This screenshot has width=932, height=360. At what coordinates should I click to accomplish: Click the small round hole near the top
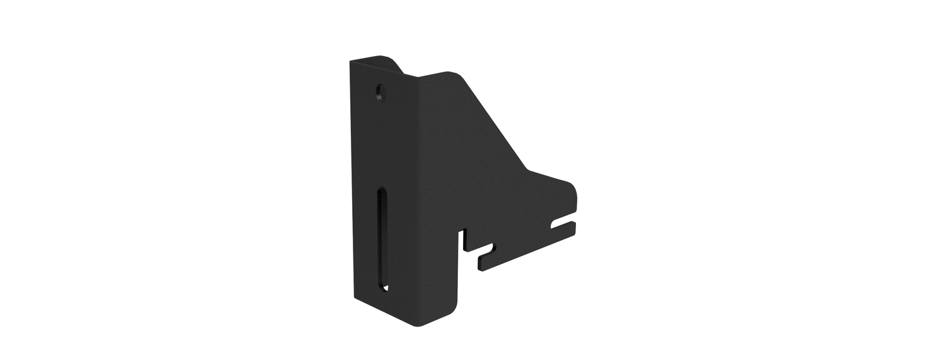379,94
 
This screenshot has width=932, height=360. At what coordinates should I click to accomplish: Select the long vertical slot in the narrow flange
383,239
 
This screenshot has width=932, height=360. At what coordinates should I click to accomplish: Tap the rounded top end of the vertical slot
382,192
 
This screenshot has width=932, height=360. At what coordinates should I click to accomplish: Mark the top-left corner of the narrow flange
352,62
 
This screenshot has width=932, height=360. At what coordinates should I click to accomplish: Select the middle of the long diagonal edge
495,123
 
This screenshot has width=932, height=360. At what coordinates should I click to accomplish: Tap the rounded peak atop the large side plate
455,73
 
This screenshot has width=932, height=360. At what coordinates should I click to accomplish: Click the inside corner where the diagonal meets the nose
529,170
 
